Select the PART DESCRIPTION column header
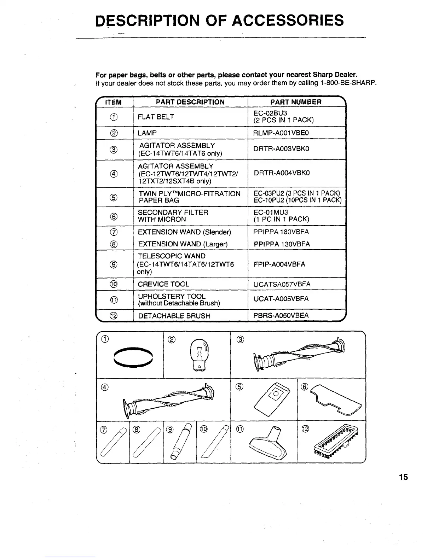[x=190, y=102]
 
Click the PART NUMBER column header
[x=296, y=102]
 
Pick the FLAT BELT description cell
[x=156, y=117]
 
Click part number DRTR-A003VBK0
[x=282, y=149]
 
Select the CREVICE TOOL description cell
[x=163, y=284]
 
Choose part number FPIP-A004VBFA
[x=279, y=264]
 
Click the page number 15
[x=403, y=477]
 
